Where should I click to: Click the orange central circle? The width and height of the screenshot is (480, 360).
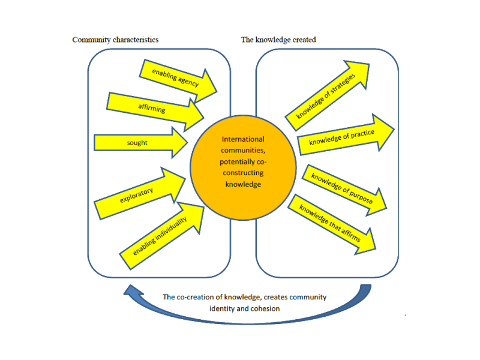tap(243, 162)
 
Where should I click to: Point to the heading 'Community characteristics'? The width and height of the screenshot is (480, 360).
tap(115, 40)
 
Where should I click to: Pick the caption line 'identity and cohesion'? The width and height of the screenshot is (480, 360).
tap(244, 308)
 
